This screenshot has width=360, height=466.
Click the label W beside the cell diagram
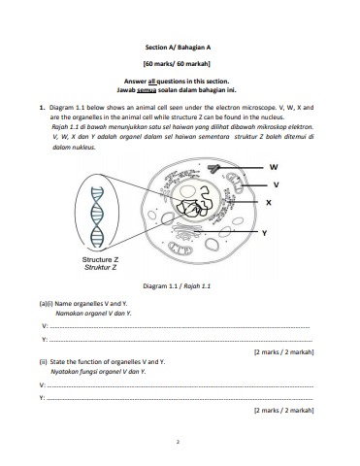[274, 167]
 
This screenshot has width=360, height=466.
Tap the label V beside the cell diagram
[276, 184]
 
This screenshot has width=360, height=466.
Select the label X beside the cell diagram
[269, 203]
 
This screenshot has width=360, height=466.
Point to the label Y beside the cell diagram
[264, 233]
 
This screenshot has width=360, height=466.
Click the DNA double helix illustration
[97, 217]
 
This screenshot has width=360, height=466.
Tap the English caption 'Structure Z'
[100, 259]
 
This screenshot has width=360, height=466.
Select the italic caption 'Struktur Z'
[100, 267]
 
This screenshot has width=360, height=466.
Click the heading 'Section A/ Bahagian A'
[178, 48]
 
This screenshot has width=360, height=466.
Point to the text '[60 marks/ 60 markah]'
[177, 64]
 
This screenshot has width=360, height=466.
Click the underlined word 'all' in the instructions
[152, 82]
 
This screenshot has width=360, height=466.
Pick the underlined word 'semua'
[147, 90]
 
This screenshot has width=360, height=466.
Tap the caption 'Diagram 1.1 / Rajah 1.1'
[177, 286]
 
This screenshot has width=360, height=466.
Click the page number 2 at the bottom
[178, 442]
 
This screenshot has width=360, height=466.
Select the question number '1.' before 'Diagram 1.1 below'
[42, 108]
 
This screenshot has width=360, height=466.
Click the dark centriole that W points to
[213, 168]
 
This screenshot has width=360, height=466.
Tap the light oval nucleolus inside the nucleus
[187, 191]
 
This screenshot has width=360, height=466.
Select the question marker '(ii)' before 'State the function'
[44, 362]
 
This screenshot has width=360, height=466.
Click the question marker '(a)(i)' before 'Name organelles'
[46, 304]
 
